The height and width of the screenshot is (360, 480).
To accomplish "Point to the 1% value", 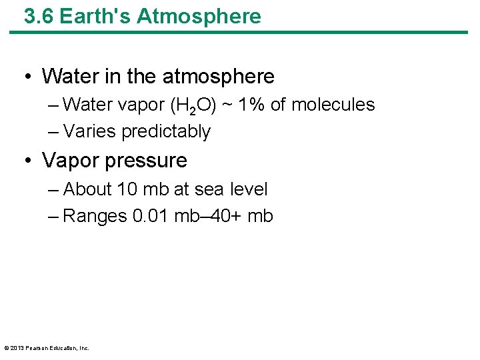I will (273, 105).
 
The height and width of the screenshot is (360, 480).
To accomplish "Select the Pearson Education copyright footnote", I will (46, 348).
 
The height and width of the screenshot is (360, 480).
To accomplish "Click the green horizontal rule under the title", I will (240, 32).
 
